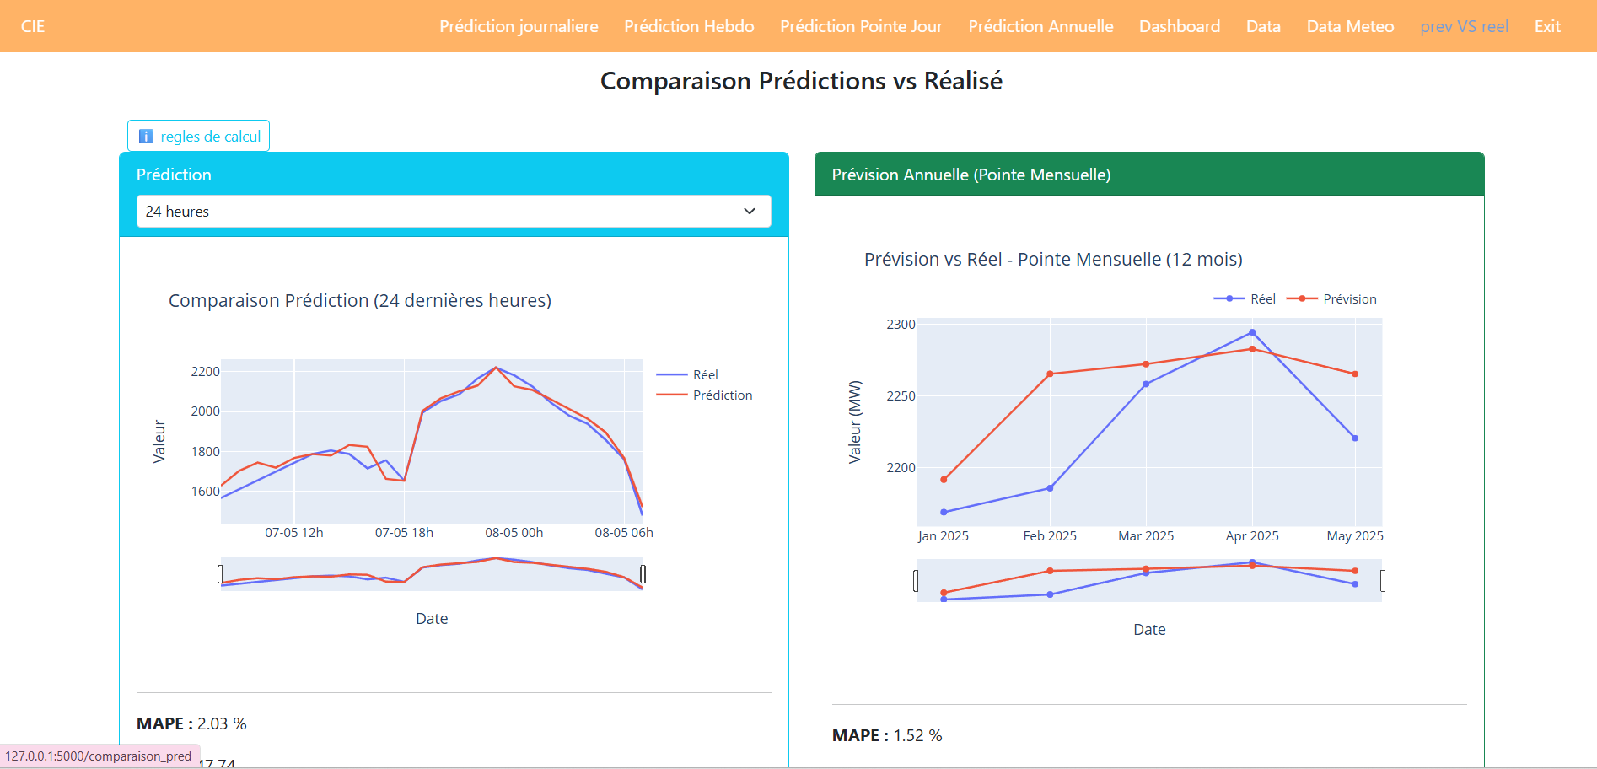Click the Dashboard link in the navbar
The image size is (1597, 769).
tap(1179, 26)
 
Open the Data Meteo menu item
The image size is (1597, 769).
tap(1350, 26)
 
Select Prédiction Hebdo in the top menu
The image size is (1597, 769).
tap(689, 26)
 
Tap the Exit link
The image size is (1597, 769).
tap(1547, 26)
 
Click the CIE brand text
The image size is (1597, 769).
tap(33, 26)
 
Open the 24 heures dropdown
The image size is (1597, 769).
tap(454, 212)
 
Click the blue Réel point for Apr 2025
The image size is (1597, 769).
tap(1252, 332)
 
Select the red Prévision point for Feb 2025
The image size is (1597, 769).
tap(1050, 374)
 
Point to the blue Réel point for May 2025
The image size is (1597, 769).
tap(1355, 438)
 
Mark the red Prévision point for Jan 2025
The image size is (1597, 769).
tap(944, 480)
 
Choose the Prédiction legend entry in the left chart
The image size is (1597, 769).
tap(722, 395)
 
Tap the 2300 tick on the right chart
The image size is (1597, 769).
tap(901, 325)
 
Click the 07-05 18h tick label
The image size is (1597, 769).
tap(404, 533)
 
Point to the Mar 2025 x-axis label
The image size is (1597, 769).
tap(1146, 536)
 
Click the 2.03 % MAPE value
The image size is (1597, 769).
tap(222, 723)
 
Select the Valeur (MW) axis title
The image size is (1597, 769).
tap(855, 422)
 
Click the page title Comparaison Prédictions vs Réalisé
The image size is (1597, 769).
tap(801, 81)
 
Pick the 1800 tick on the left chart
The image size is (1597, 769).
tap(205, 452)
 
